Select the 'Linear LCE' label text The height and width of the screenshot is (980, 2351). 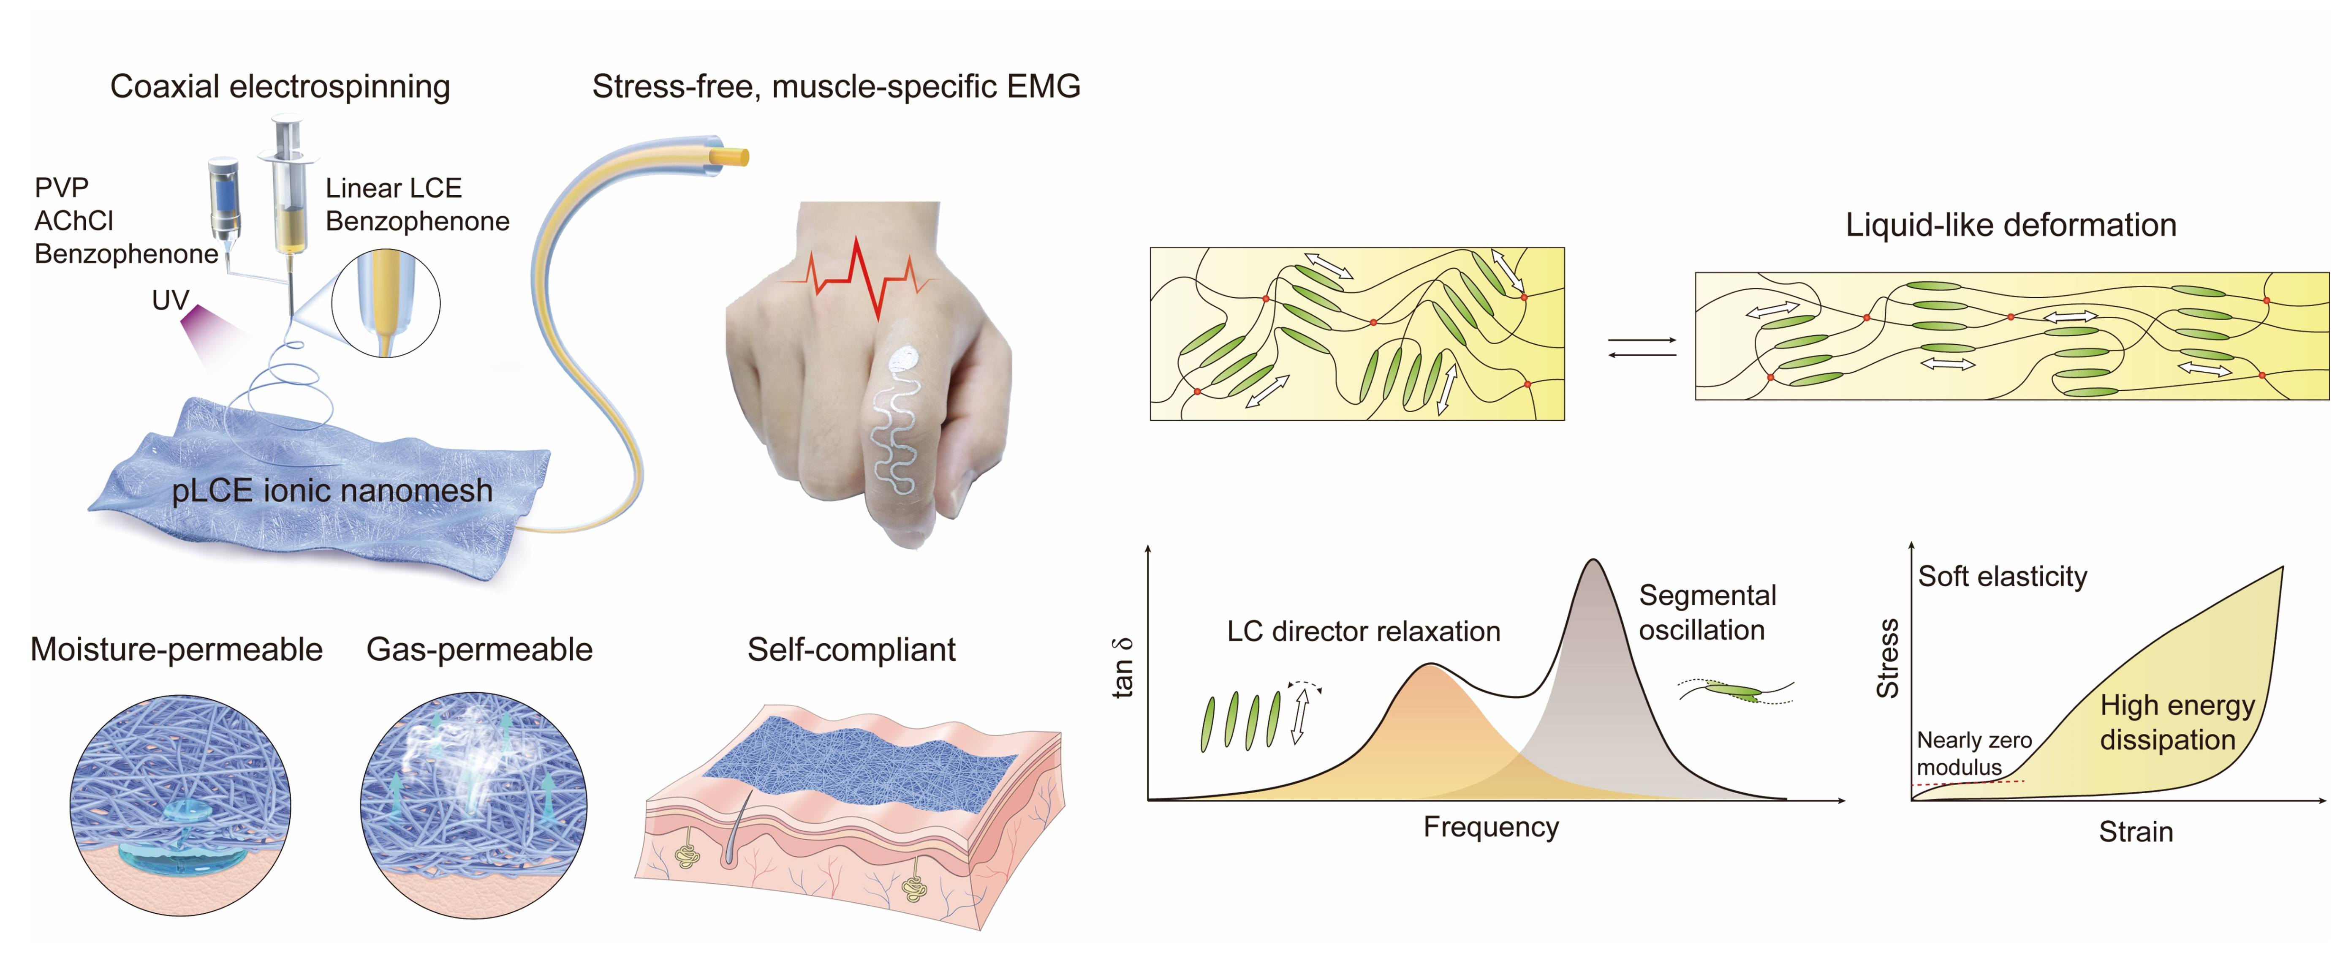393,188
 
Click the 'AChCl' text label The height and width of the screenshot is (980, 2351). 74,221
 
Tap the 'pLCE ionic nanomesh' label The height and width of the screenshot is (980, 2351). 332,491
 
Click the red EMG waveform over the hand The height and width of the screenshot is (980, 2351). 858,274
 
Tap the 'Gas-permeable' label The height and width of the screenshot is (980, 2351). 479,650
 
